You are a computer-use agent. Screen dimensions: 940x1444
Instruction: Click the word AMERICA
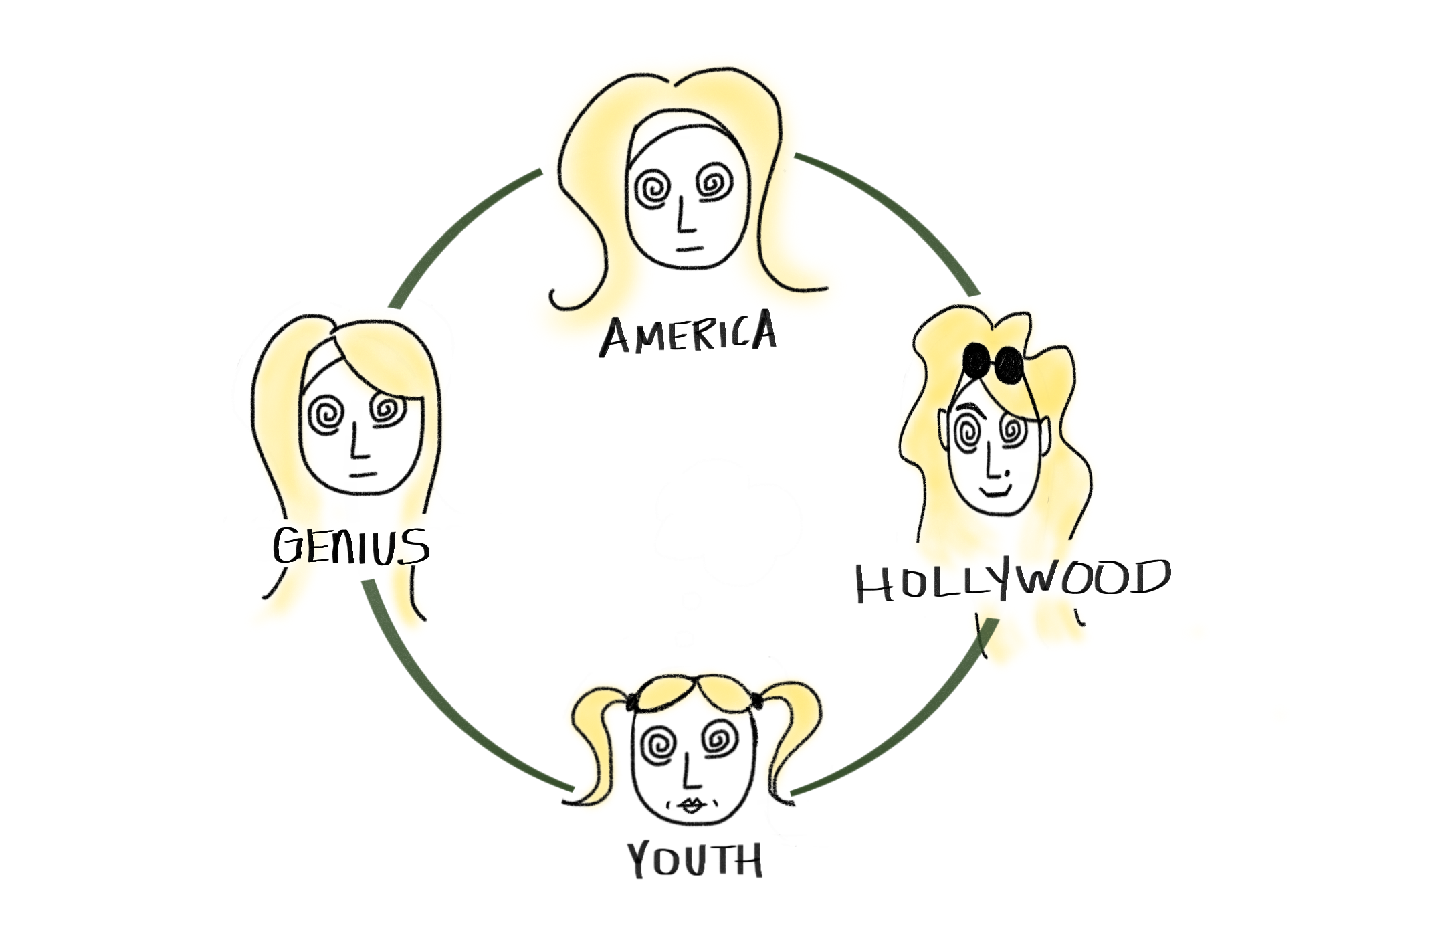point(688,334)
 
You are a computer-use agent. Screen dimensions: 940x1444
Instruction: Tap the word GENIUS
point(350,546)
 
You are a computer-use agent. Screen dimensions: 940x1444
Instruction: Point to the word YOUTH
point(695,860)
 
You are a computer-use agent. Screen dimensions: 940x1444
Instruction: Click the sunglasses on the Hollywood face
point(993,363)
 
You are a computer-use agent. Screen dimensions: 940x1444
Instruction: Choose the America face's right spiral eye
point(714,183)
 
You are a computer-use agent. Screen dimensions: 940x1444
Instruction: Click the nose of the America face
point(683,215)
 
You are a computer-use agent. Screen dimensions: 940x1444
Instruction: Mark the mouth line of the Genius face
point(363,475)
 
